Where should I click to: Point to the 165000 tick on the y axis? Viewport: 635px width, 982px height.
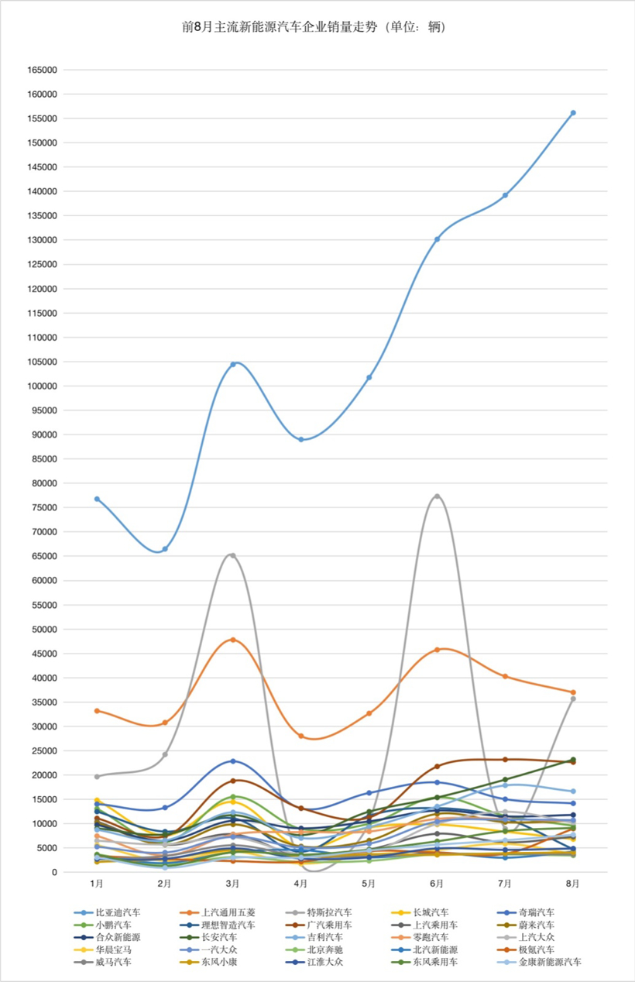pos(42,70)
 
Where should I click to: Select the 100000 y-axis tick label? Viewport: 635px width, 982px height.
pos(42,386)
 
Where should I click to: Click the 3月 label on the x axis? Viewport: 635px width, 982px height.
pos(232,883)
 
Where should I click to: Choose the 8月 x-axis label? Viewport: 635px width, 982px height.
pos(573,883)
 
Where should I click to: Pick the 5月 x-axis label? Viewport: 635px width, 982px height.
pos(369,883)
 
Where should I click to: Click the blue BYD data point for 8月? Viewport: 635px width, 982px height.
pos(573,113)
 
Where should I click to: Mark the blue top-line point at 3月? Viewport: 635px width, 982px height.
pos(232,364)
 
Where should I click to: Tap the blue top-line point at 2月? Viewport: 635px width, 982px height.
pos(164,549)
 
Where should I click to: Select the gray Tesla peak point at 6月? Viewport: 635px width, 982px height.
pos(437,496)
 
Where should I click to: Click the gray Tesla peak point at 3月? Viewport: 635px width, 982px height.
pos(232,555)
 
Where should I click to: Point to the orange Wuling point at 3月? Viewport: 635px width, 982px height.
pos(232,640)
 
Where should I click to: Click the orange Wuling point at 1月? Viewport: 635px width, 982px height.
pos(97,711)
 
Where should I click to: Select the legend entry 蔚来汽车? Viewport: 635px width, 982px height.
pos(535,925)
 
